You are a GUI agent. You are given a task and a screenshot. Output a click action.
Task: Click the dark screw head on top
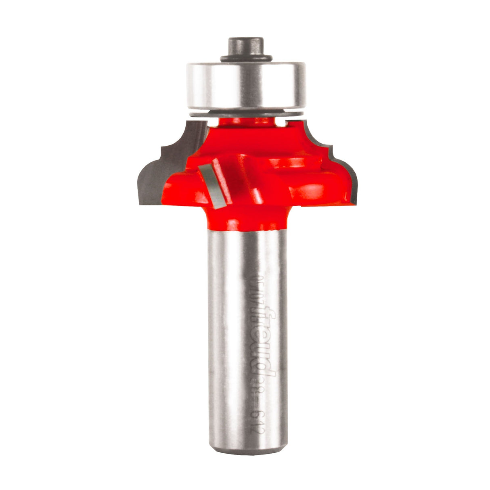[x=245, y=45]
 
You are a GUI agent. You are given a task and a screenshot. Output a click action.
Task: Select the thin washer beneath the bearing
[x=245, y=113]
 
